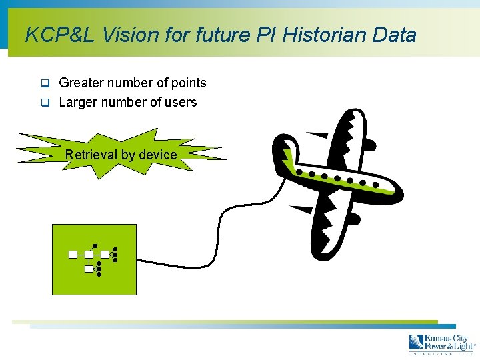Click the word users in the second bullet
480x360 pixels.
point(181,102)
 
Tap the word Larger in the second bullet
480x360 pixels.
point(78,102)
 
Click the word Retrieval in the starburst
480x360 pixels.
point(91,155)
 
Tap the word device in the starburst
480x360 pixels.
point(158,155)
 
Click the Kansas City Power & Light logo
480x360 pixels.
point(442,343)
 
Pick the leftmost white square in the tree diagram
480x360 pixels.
point(73,254)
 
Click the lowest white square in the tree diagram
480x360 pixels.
point(89,269)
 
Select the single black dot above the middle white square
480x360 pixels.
point(95,245)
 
